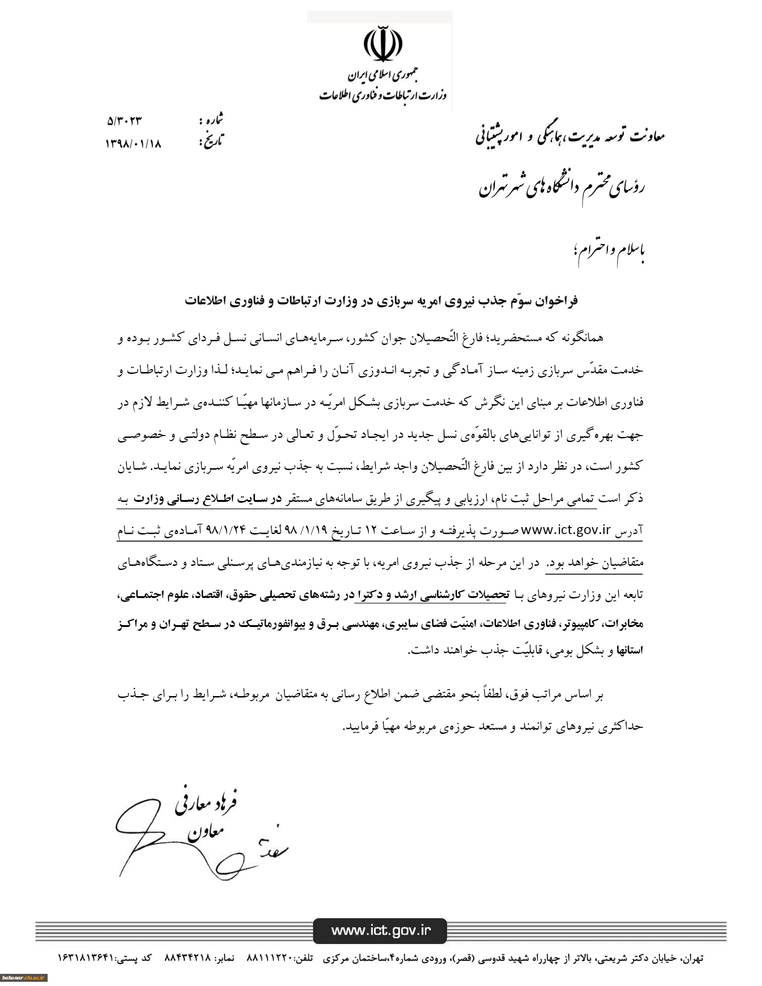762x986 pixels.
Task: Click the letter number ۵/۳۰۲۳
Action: [x=124, y=121]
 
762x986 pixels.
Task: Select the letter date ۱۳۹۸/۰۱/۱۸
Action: [x=133, y=144]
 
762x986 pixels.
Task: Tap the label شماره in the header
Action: [x=212, y=120]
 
